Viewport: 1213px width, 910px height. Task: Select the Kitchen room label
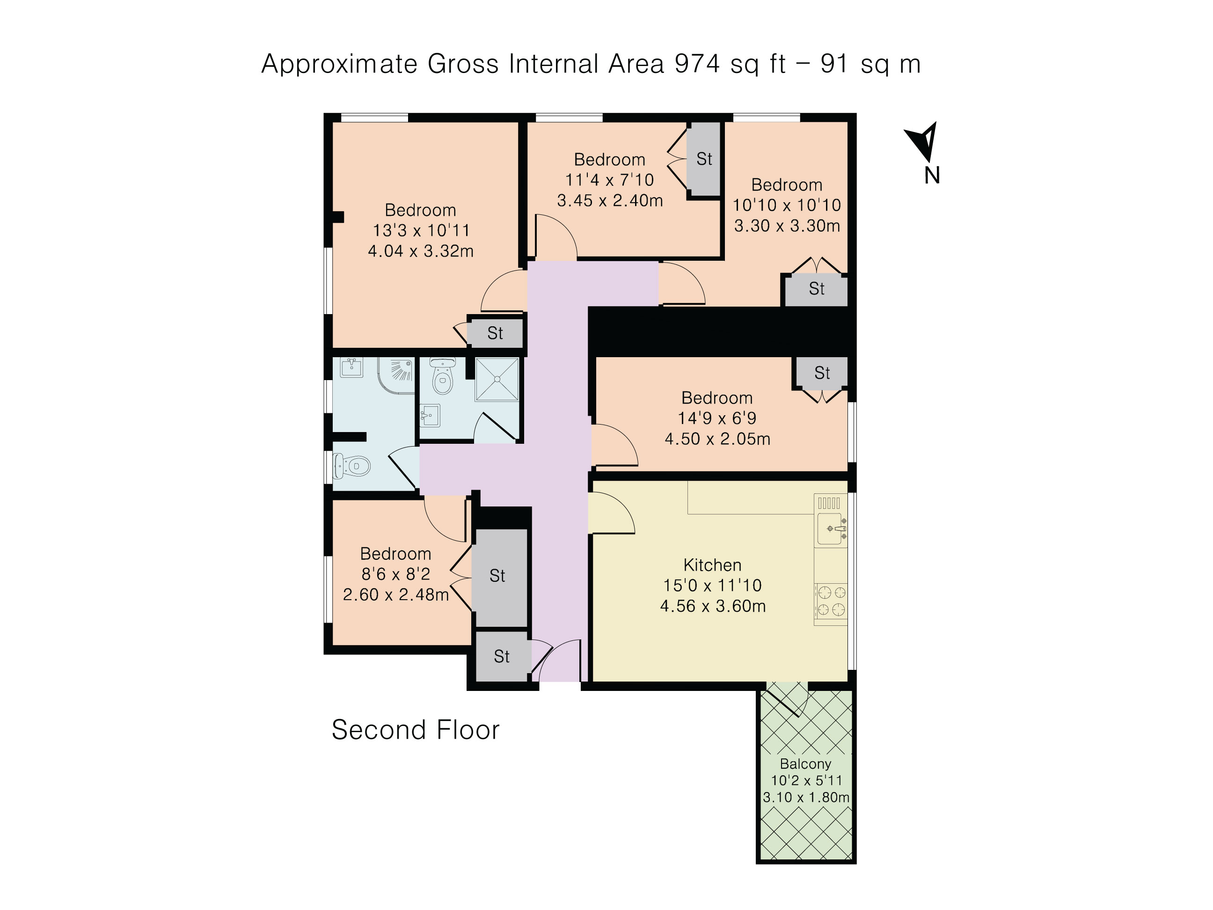tap(712, 565)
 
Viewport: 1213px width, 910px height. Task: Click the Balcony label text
tap(805, 763)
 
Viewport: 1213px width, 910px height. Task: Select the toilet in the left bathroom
tap(351, 467)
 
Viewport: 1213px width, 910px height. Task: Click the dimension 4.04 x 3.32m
tap(421, 251)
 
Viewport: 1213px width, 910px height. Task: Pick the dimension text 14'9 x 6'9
tap(717, 418)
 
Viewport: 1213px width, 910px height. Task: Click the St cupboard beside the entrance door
tap(502, 657)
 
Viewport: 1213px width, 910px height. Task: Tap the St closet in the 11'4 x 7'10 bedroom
tap(704, 159)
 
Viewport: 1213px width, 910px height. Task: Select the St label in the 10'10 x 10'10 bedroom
tap(817, 288)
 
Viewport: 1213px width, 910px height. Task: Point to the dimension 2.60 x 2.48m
tap(395, 594)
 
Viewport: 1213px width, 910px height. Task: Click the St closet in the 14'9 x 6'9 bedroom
tap(822, 373)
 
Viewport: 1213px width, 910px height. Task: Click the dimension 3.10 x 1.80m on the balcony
tap(806, 797)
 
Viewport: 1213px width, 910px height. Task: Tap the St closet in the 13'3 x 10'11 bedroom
tap(495, 333)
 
